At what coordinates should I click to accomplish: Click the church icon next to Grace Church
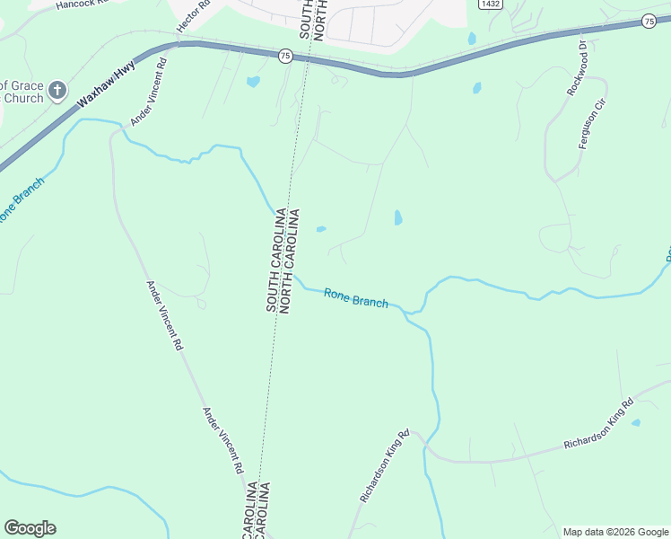click(x=57, y=90)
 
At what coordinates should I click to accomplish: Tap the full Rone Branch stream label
click(x=356, y=297)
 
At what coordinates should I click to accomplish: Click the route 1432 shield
click(x=490, y=4)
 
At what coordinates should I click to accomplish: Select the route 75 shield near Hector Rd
click(x=284, y=55)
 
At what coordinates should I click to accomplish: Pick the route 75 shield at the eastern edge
click(x=649, y=21)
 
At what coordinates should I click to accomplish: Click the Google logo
click(x=30, y=528)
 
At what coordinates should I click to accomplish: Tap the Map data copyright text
click(x=615, y=532)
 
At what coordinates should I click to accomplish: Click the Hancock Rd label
click(x=81, y=4)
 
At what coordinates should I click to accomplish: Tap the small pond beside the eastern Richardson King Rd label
click(x=636, y=422)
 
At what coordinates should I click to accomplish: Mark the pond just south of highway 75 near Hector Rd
click(x=253, y=82)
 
